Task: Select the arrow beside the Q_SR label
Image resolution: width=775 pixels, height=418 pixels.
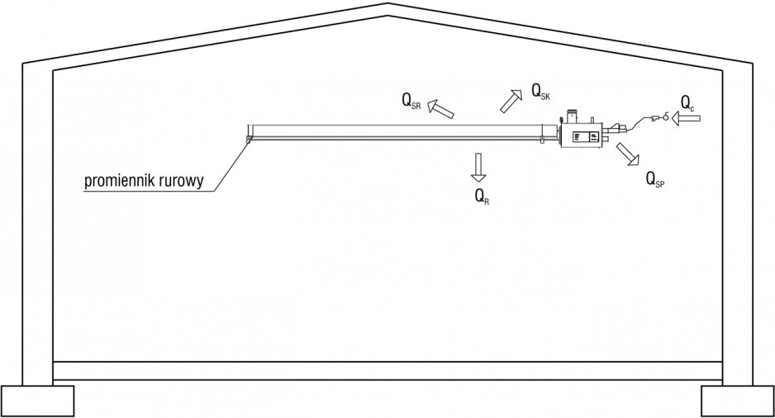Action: point(440,108)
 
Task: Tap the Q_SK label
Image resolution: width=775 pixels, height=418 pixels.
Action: point(540,92)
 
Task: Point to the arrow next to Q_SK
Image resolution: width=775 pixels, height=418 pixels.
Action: point(511,102)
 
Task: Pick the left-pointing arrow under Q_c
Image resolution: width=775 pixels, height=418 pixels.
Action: point(686,118)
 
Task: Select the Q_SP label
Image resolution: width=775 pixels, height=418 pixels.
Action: point(655,179)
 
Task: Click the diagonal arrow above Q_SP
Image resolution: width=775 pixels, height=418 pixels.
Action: point(628,154)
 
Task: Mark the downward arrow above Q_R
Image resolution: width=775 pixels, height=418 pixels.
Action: point(478,168)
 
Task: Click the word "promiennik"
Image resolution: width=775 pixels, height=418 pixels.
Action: point(120,181)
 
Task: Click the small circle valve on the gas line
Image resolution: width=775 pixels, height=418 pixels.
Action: point(667,116)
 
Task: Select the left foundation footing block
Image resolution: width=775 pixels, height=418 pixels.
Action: point(37,401)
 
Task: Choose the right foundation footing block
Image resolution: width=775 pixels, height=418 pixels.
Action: point(738,401)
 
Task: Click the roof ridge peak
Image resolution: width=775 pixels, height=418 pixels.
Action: point(387,4)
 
